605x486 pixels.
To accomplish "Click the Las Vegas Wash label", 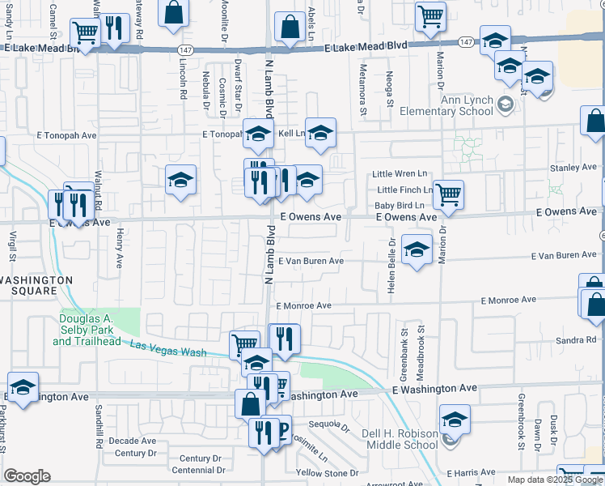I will tap(167, 349).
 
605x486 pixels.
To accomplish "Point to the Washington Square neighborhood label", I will tap(36, 285).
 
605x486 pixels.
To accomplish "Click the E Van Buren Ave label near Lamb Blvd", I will tap(311, 261).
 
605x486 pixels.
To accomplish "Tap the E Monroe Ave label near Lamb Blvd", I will tap(303, 305).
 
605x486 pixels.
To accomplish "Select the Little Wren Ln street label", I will tap(399, 173).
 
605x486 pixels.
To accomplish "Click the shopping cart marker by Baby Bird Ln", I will tap(447, 194).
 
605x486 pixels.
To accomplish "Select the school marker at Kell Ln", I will tap(320, 133).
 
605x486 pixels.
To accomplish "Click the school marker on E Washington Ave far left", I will tap(23, 387).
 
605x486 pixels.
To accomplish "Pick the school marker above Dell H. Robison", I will tap(455, 420).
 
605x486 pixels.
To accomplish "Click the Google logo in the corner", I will tap(27, 476).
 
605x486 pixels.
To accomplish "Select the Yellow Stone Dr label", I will tap(327, 472).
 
